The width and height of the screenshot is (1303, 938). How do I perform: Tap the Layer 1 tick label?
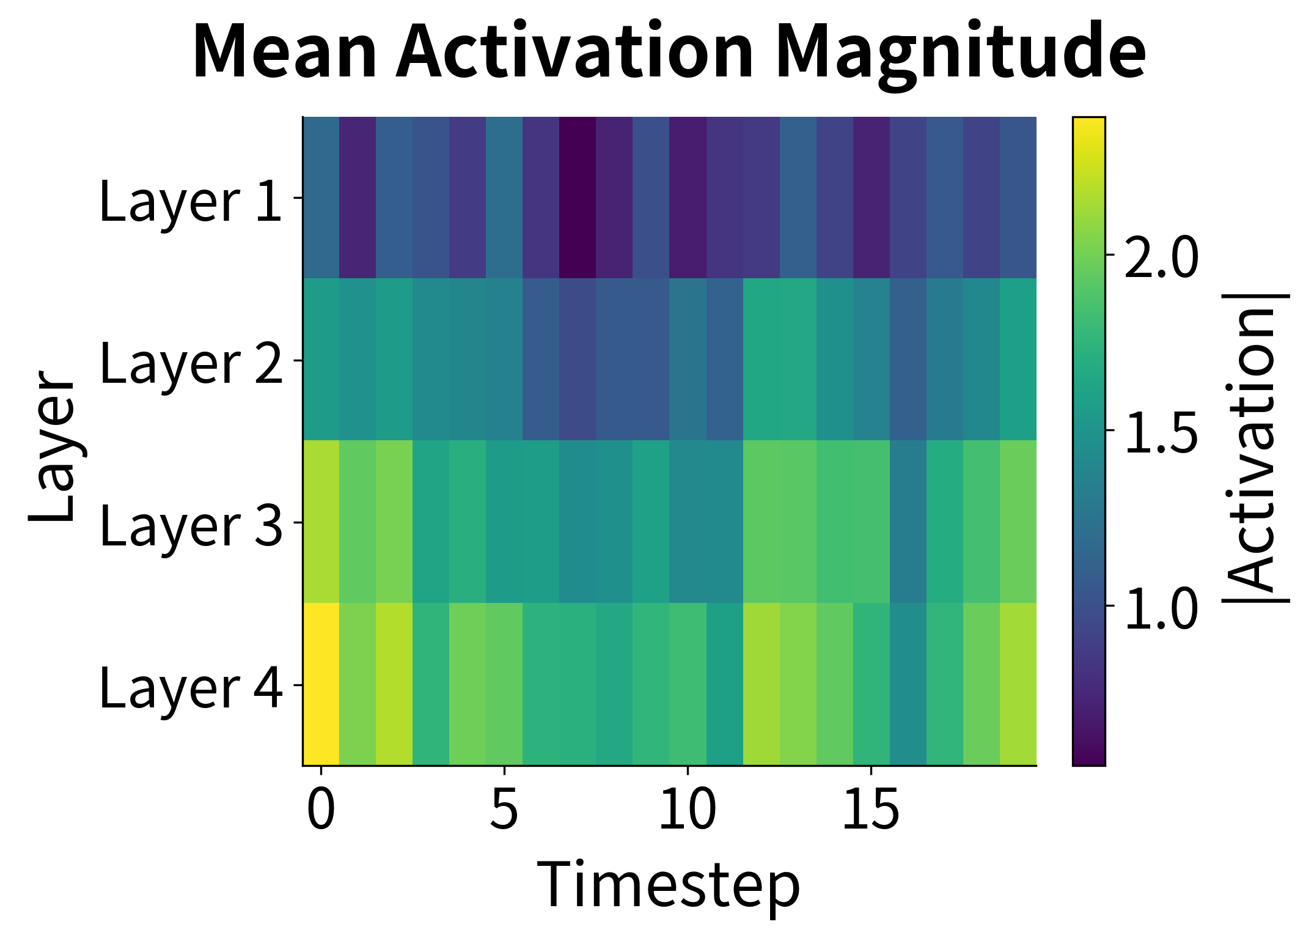coord(190,201)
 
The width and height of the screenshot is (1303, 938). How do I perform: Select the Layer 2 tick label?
coord(190,363)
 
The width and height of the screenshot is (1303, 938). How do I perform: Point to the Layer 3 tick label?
coord(190,525)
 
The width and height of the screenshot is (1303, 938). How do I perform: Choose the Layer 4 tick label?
coord(190,687)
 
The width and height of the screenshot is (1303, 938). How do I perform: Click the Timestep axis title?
coord(668,885)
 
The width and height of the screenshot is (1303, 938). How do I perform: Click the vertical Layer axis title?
coord(51,446)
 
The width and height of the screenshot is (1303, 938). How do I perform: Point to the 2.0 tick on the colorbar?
coord(1161,257)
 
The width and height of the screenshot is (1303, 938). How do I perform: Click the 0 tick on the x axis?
coord(321,808)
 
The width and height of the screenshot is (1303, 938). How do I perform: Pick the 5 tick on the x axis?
coord(504,808)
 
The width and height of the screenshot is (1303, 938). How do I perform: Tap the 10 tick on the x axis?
coord(687,808)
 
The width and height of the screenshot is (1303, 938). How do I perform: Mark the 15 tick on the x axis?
coord(870,808)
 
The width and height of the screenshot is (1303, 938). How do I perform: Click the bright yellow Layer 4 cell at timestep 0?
coord(321,684)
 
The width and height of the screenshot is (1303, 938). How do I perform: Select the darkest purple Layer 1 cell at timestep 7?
coord(578,198)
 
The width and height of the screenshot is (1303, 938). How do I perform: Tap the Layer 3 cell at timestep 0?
coord(321,521)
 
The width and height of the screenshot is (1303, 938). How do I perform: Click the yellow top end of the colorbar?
coord(1088,125)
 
